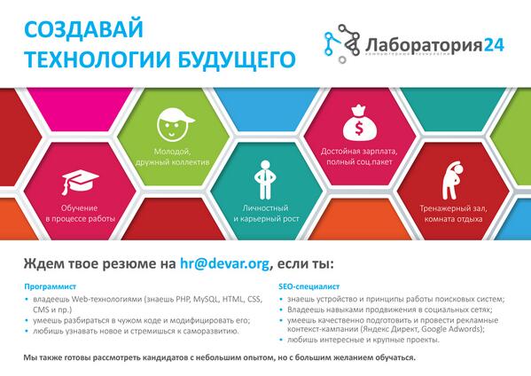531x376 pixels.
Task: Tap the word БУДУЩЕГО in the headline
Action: (213, 58)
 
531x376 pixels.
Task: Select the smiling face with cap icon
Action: (174, 125)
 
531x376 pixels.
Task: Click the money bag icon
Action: (358, 126)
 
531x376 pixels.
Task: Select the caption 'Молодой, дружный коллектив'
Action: (173, 157)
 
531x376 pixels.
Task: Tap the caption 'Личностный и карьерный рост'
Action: (262, 213)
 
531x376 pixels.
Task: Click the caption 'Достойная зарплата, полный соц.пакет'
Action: (358, 157)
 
